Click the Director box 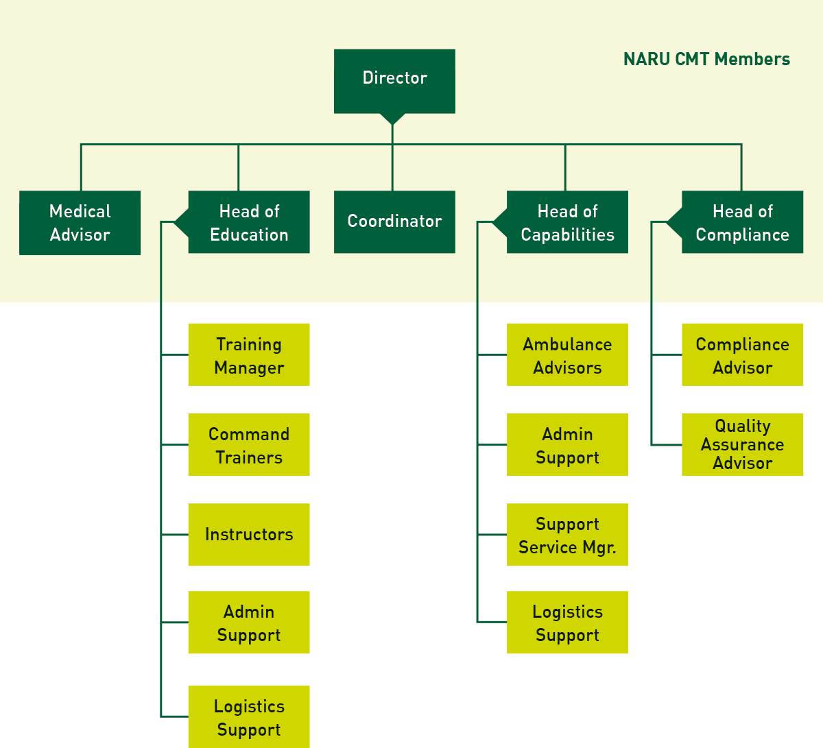(x=394, y=81)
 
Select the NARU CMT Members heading (x=706, y=59)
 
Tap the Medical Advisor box (x=80, y=223)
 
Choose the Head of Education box (x=249, y=222)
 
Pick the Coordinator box (x=394, y=222)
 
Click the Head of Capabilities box (x=567, y=222)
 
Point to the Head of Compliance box (x=742, y=222)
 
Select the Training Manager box (x=249, y=355)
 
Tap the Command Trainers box (x=249, y=445)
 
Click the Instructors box (x=249, y=535)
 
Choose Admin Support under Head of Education (x=249, y=623)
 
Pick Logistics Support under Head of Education (x=249, y=717)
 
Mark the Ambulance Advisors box (x=567, y=355)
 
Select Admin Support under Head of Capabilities (x=567, y=445)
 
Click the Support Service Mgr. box (x=567, y=535)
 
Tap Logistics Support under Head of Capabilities (x=567, y=623)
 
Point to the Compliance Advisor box (x=742, y=355)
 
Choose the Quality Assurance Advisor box (x=742, y=445)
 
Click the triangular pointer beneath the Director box (x=392, y=118)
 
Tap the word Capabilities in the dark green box (x=567, y=235)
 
